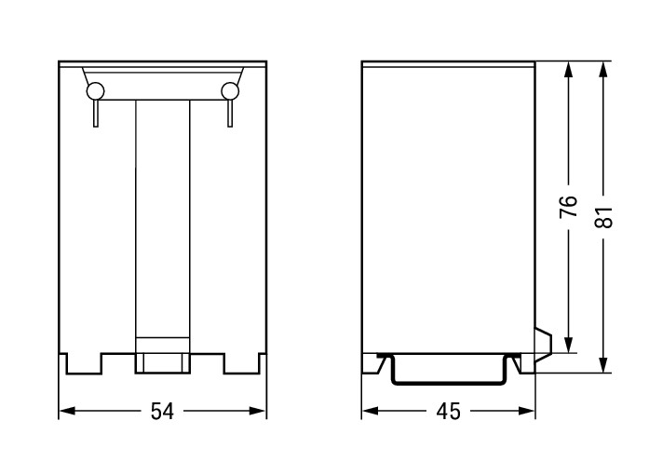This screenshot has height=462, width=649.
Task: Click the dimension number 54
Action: pos(162,411)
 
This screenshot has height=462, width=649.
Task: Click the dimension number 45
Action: pos(448,411)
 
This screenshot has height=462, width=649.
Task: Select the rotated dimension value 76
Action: pos(568,206)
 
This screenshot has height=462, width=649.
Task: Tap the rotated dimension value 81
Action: pos(603,217)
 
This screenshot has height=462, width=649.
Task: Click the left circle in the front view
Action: pos(95,91)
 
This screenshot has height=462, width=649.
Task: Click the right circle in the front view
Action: pos(230,91)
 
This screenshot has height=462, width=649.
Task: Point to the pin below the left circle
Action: pos(96,113)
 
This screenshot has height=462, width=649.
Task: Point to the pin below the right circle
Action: pos(230,113)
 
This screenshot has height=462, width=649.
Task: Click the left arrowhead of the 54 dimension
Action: pos(67,411)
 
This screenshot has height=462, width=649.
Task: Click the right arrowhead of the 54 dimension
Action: pos(257,411)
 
